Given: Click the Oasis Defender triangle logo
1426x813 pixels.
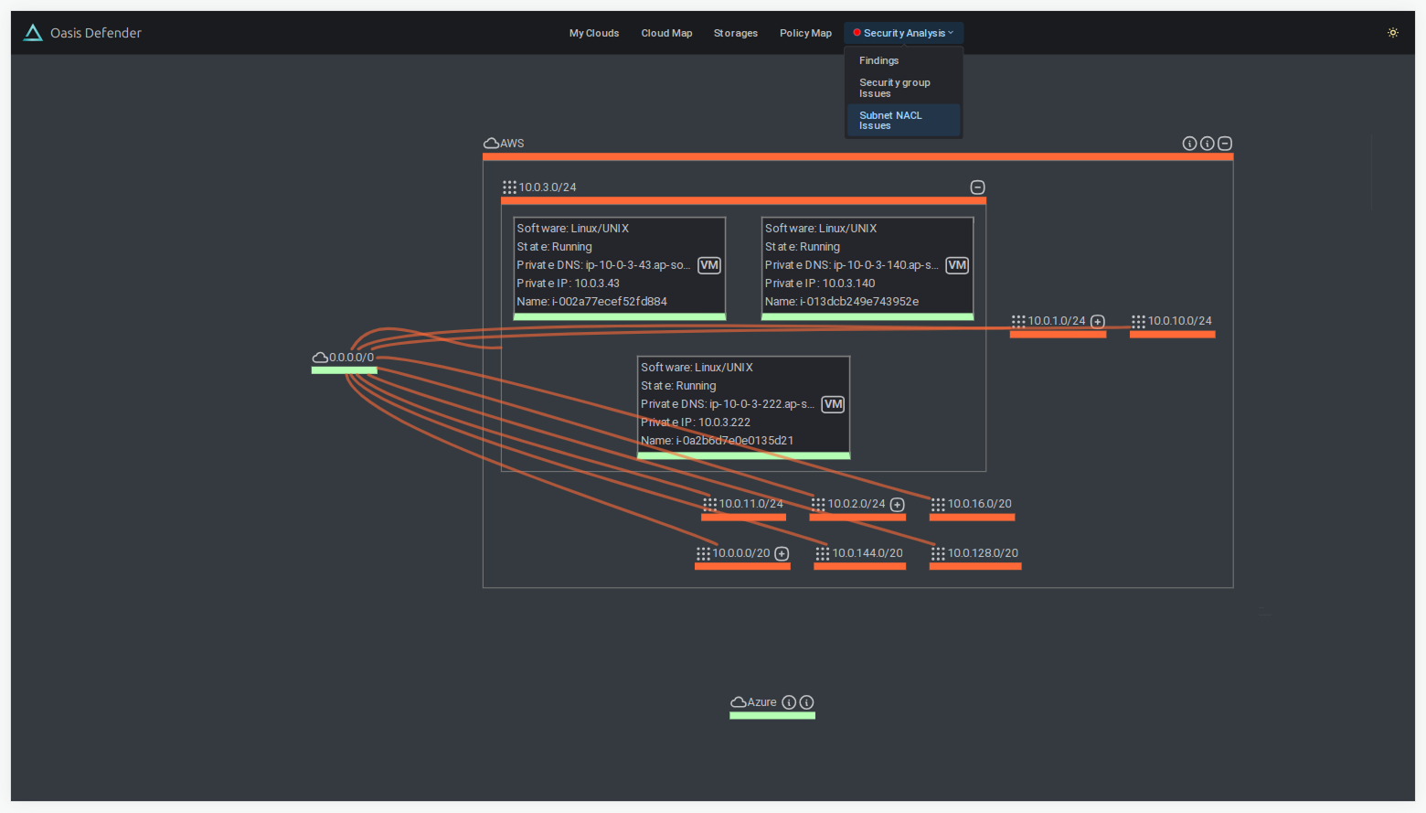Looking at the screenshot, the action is [x=33, y=33].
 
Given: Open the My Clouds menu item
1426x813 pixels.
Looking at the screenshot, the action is [x=594, y=33].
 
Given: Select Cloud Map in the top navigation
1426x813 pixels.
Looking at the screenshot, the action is [x=666, y=33].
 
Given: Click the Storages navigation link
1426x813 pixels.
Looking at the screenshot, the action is [x=735, y=33].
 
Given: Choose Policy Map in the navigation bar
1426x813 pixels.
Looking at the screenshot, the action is [x=805, y=33].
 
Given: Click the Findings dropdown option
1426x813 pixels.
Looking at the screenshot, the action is [x=878, y=60].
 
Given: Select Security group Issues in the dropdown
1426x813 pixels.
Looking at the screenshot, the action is [x=894, y=88].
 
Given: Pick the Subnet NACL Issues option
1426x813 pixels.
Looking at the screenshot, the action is [x=890, y=121].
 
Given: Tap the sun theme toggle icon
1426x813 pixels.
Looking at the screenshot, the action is [x=1393, y=33].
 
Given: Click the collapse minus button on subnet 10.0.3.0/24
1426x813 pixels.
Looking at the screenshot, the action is [x=977, y=187].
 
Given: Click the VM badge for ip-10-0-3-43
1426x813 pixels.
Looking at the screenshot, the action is [x=709, y=265].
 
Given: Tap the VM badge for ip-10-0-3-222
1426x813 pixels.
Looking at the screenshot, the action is [x=833, y=404].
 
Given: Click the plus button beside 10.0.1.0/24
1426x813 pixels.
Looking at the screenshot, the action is [x=1098, y=322].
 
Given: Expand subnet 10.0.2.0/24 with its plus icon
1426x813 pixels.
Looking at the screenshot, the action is [x=897, y=505].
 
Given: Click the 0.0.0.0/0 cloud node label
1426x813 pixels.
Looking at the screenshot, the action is [x=351, y=358].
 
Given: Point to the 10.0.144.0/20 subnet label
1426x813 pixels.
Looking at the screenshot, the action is [x=867, y=553].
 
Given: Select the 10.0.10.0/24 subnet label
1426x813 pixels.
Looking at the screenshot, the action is [x=1179, y=321].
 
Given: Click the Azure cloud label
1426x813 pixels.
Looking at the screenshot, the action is [x=761, y=702].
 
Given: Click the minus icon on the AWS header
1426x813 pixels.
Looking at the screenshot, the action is [x=1225, y=144].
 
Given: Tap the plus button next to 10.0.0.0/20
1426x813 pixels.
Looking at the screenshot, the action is [x=782, y=554].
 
